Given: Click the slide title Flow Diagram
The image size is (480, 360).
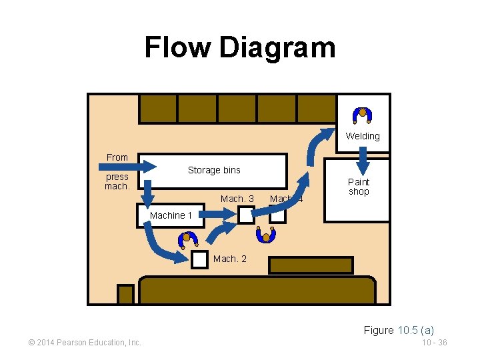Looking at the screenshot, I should coord(240,48).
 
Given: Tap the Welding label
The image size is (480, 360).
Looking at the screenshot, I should coord(363,136).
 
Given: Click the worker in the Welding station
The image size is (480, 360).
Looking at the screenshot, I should coord(363,115).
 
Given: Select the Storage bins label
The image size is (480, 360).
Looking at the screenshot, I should coord(214,170).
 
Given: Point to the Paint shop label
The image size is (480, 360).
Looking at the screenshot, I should coord(359,187).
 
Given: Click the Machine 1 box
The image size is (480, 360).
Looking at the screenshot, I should coord(170,216).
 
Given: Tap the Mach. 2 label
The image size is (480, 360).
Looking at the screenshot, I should coord(229,259).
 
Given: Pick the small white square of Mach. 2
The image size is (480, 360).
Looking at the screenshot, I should coord(199,259).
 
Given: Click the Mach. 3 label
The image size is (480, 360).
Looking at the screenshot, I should coord(237,199).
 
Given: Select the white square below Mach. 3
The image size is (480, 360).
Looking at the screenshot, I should coord(246,215).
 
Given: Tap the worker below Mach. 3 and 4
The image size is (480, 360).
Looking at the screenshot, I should coord(266,235).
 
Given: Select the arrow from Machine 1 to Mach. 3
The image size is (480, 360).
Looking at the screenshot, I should coord(220,214).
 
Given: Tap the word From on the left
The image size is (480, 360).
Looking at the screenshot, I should coord(117,157).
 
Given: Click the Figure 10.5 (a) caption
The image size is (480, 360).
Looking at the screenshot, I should coord(399,330).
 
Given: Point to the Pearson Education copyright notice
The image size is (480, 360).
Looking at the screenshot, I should coord(84,343).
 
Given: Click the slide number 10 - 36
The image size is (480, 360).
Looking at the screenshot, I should coord(434,343).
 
